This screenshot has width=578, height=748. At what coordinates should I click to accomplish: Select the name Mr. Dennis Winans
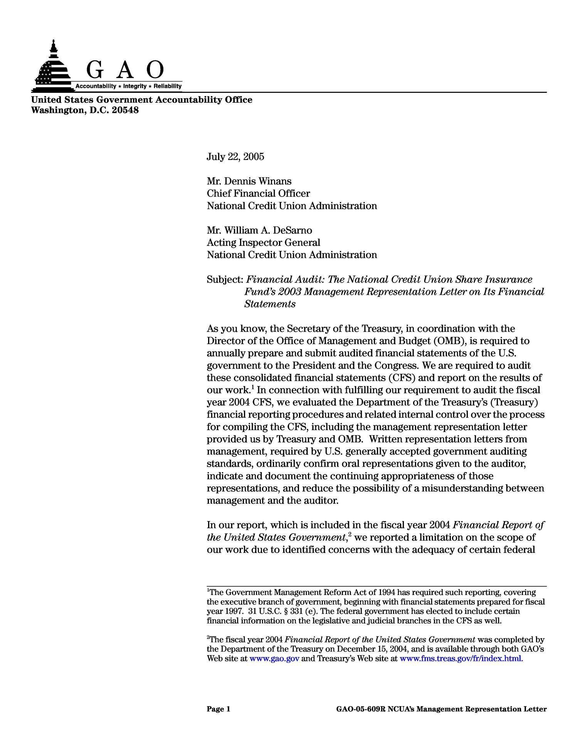[x=249, y=181]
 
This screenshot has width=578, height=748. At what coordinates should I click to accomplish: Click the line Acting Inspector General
[x=263, y=242]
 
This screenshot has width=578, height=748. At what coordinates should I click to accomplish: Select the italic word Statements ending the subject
[x=270, y=304]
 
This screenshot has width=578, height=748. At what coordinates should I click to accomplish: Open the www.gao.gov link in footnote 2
[x=274, y=659]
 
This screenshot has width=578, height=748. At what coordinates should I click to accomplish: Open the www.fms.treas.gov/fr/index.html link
[x=461, y=659]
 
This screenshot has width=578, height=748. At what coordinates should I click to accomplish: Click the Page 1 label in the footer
[x=218, y=708]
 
